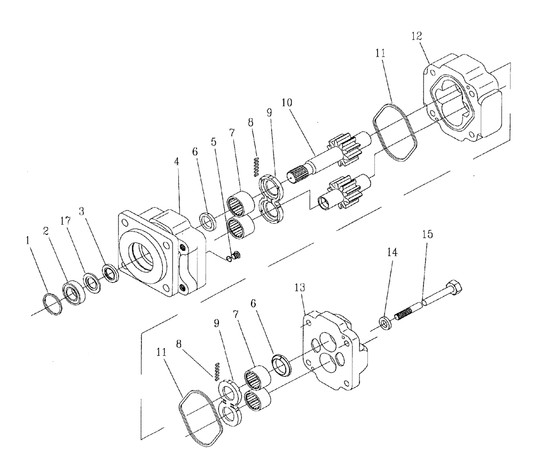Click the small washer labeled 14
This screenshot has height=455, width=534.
[x=384, y=322]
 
